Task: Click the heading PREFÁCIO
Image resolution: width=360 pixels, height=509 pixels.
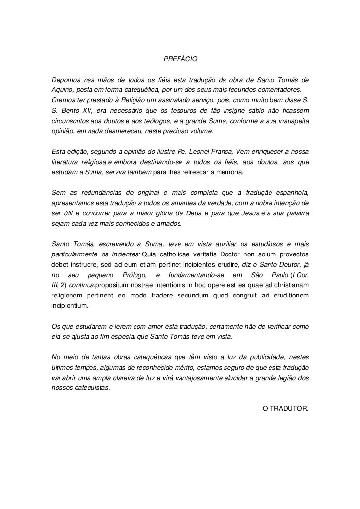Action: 180,60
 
